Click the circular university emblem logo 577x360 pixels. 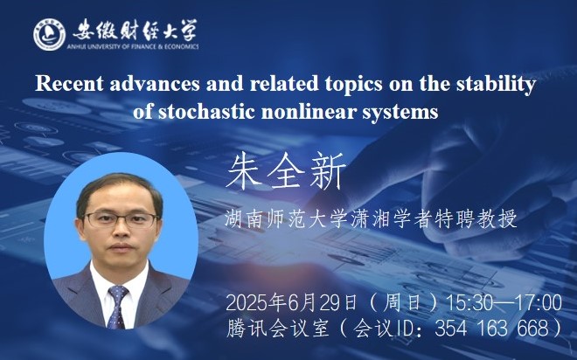[x=49, y=34]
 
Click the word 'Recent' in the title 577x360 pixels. [x=69, y=84]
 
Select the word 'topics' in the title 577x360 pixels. [x=354, y=85]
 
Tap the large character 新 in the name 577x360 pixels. [x=327, y=171]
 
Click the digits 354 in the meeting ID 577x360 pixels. [x=450, y=328]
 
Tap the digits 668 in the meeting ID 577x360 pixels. [x=532, y=328]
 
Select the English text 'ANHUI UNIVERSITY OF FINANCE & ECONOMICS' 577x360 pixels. [x=133, y=46]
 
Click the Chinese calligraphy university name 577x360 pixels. [x=135, y=30]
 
